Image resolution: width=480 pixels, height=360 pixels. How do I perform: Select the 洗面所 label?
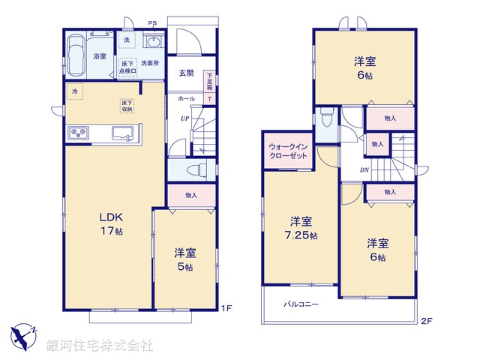(x=150, y=63)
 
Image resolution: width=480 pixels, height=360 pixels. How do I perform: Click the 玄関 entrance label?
(x=187, y=73)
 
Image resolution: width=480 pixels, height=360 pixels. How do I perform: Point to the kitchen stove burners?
(x=79, y=133)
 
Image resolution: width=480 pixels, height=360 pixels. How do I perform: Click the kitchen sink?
(x=124, y=133)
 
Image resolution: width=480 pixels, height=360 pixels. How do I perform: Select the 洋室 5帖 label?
(x=184, y=258)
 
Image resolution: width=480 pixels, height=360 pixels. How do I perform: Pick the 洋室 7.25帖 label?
(x=302, y=228)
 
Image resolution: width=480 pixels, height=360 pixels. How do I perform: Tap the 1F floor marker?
(x=224, y=308)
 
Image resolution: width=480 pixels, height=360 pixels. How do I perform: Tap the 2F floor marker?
(x=425, y=322)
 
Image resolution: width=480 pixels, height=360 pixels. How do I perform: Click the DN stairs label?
(x=364, y=170)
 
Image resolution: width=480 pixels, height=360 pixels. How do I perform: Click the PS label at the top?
(x=152, y=23)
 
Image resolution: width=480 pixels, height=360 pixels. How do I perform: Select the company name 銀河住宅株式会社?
(x=100, y=346)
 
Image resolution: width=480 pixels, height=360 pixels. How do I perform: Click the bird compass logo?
(x=23, y=334)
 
